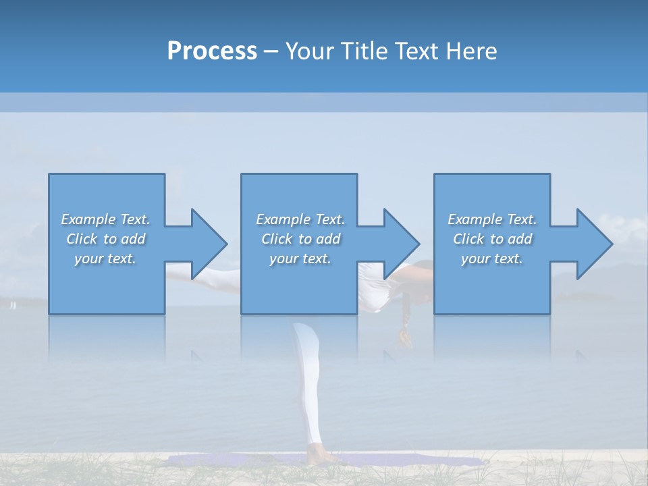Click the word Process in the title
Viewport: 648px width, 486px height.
point(212,51)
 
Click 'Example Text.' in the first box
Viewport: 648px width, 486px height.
point(105,219)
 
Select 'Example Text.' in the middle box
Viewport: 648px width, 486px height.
point(300,219)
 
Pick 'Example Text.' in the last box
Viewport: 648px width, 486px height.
point(492,219)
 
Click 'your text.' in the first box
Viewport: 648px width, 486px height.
point(105,259)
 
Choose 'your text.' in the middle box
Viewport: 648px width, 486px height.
point(300,259)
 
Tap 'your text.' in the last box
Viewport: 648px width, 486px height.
point(492,259)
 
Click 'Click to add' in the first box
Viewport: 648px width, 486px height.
point(105,239)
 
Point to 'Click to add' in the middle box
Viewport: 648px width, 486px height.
point(300,239)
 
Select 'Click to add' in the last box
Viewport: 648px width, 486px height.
point(492,239)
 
